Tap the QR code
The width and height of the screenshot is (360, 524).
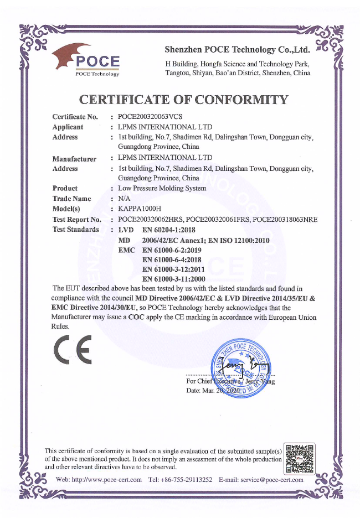point(299,458)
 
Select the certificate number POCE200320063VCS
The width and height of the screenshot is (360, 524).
point(150,117)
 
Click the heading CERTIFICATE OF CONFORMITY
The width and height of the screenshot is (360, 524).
point(184,100)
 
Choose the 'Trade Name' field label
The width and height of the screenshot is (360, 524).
point(71,198)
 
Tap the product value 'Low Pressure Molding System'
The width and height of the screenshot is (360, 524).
point(162,188)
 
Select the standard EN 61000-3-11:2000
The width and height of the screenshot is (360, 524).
point(174,279)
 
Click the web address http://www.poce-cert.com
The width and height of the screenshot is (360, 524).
point(99,480)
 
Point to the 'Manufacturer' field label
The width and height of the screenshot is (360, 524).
point(74,159)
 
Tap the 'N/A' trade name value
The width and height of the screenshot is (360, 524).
point(124,198)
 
